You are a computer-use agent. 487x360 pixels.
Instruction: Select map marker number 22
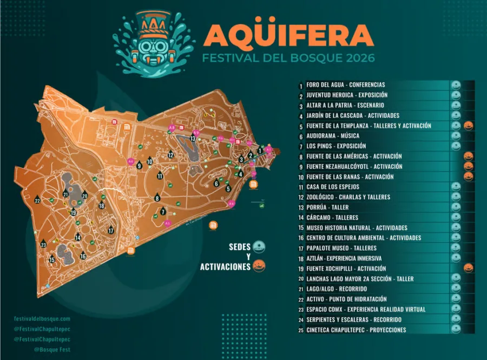click(x=37, y=200)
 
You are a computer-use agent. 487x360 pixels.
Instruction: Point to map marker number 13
click(x=193, y=139)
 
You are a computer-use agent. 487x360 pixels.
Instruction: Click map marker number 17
click(x=111, y=230)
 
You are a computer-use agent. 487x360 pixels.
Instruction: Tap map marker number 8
click(x=157, y=198)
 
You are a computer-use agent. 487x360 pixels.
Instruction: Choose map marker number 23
click(x=44, y=245)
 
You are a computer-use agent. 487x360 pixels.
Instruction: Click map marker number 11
click(x=160, y=175)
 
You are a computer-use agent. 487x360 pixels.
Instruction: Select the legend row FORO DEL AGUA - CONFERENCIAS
click(x=346, y=85)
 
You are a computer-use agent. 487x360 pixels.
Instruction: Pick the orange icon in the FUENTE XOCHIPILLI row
click(x=469, y=269)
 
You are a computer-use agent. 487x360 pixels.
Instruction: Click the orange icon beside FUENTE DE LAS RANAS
click(x=469, y=176)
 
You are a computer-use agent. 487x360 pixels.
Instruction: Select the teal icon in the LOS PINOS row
click(x=456, y=146)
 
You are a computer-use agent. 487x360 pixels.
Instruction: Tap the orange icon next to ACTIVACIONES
click(x=259, y=266)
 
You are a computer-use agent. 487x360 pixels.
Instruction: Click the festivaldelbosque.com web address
click(x=43, y=319)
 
